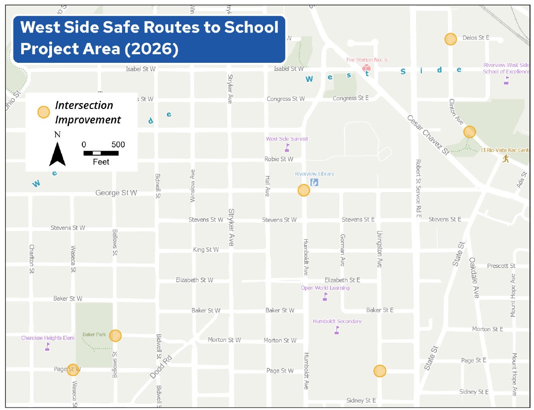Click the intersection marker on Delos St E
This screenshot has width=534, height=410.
[450, 39]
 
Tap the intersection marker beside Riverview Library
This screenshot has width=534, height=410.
[304, 190]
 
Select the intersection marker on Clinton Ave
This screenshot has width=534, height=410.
[469, 132]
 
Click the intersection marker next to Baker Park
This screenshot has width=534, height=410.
[115, 335]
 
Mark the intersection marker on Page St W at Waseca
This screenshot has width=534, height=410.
[73, 370]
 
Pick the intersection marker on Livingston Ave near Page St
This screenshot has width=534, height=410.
[380, 371]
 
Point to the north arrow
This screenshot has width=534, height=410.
[57, 154]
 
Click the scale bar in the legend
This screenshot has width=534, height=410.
[101, 153]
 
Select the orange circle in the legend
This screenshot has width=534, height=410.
[43, 112]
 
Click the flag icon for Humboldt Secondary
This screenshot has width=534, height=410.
[337, 330]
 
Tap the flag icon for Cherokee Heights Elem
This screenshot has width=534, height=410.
[47, 347]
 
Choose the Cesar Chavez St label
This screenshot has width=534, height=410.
[427, 134]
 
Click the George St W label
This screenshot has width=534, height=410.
[116, 193]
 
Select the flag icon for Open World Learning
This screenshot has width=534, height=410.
[325, 297]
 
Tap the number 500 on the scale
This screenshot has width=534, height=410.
[118, 145]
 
